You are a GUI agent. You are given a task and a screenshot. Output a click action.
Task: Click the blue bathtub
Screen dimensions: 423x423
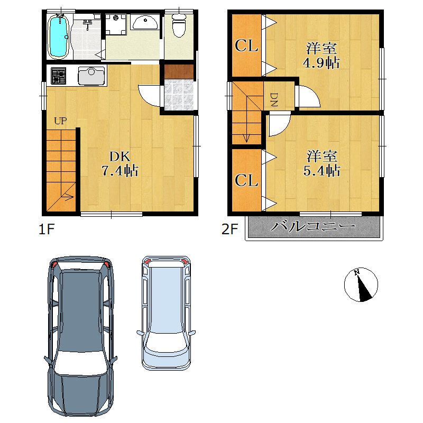click(59, 36)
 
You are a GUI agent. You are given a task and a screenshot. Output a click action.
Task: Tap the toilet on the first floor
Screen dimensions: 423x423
click(179, 25)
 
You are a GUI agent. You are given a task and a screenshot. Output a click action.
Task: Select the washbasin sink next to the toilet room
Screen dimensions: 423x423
click(145, 22)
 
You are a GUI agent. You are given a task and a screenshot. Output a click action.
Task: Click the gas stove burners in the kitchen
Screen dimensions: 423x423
click(59, 76)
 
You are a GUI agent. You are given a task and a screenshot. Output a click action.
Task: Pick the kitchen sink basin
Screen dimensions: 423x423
click(91, 76)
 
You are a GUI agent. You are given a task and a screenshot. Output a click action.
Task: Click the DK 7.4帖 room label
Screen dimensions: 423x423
click(120, 164)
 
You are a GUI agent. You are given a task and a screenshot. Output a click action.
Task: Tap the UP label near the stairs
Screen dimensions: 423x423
click(60, 121)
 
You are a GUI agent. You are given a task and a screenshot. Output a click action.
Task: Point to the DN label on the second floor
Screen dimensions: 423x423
click(273, 99)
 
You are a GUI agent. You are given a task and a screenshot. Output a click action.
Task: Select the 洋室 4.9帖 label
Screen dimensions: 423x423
click(321, 56)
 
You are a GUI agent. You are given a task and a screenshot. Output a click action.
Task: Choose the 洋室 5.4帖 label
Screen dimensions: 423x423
click(321, 163)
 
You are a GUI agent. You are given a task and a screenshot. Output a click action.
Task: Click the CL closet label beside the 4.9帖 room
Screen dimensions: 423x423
click(246, 45)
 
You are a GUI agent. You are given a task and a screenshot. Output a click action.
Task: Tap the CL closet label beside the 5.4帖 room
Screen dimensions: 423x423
click(246, 180)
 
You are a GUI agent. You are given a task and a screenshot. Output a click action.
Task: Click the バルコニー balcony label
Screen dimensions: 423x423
click(313, 226)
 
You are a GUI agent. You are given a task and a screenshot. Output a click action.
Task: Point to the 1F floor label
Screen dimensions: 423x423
click(47, 229)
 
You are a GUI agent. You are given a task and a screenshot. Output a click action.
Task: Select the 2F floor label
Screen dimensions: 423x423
click(229, 229)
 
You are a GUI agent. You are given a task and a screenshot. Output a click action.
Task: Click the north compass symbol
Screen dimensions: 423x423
click(361, 284)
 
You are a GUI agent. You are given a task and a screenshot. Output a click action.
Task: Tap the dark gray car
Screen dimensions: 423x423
click(81, 336)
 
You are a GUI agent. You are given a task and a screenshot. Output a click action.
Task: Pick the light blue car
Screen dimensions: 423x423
click(166, 313)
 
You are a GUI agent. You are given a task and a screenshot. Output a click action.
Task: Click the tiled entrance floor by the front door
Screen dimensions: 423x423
click(179, 95)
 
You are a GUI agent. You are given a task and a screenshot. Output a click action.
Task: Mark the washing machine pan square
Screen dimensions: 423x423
click(116, 24)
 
